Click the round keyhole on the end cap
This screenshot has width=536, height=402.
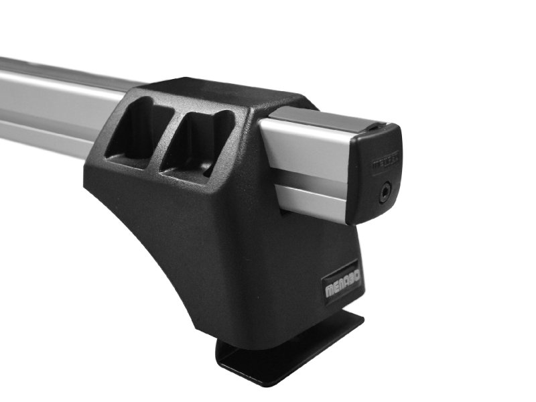pos(384,191)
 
